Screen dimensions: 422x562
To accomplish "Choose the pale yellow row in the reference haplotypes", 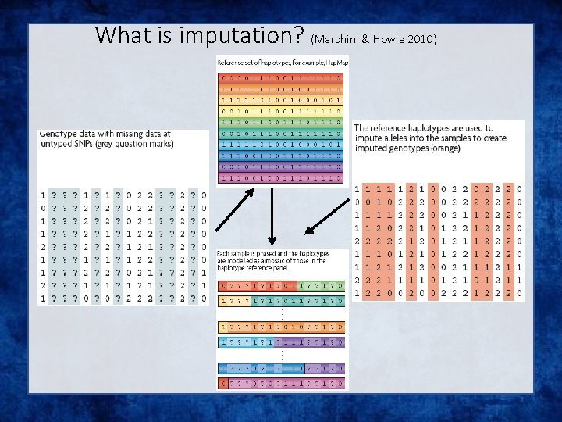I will coord(282,112).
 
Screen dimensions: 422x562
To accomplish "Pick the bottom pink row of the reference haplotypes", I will coord(282,177).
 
